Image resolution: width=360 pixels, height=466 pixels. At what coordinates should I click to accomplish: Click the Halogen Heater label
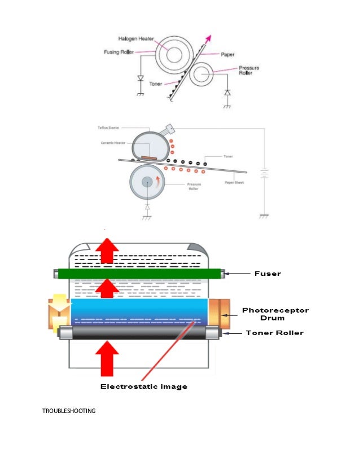[x=137, y=39]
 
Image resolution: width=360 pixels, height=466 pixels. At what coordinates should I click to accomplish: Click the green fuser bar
[x=139, y=275]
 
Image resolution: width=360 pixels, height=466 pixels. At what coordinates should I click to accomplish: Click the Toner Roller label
[x=274, y=333]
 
